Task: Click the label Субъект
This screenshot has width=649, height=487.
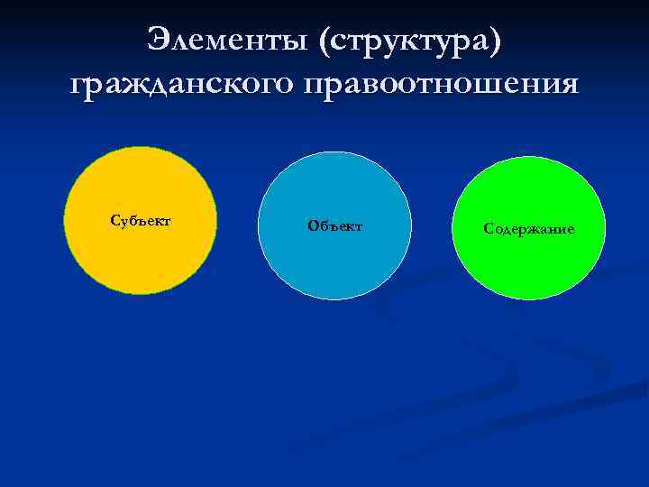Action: [x=141, y=220]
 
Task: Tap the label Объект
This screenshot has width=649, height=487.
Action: [x=334, y=225]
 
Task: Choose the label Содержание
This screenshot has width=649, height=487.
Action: [x=529, y=229]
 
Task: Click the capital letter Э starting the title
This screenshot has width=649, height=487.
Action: [x=159, y=39]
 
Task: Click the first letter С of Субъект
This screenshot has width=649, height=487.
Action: [x=114, y=220]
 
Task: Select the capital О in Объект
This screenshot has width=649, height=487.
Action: [x=312, y=225]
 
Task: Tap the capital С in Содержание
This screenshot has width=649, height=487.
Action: [x=488, y=229]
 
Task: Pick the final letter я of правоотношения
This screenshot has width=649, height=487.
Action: [x=568, y=84]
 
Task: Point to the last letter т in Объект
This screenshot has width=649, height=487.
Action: [x=358, y=226]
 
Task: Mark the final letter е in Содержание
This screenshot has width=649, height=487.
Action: [x=571, y=230]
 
